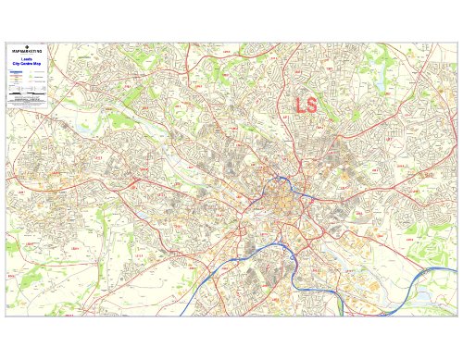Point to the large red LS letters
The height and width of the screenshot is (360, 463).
tap(306, 105)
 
